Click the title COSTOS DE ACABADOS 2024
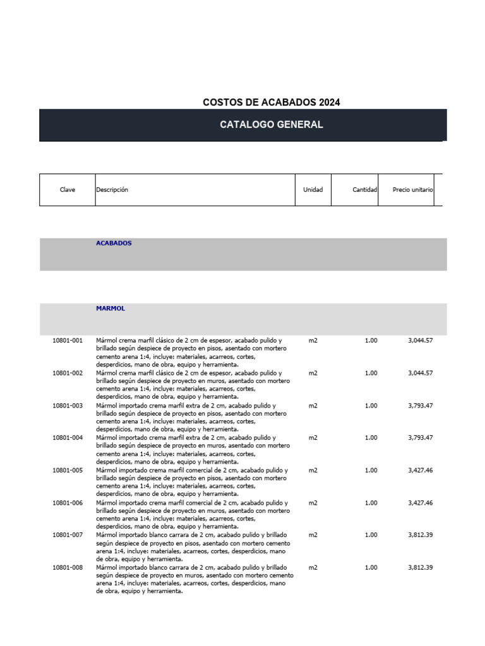(271, 102)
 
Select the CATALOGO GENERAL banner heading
(271, 124)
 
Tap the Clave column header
(68, 189)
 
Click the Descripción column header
(112, 189)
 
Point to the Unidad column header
(313, 189)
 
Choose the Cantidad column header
(364, 189)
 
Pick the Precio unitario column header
(412, 189)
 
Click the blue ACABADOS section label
(114, 243)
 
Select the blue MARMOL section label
(111, 308)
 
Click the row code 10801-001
(68, 341)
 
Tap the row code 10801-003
(68, 406)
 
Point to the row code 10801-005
(68, 471)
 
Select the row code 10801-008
(68, 568)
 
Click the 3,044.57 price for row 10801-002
(420, 373)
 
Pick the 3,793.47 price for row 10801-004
(420, 438)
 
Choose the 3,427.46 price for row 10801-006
(420, 503)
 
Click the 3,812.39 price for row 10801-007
(420, 535)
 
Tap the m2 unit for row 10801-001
(313, 341)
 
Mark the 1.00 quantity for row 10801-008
(371, 568)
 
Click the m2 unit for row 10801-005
(313, 471)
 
